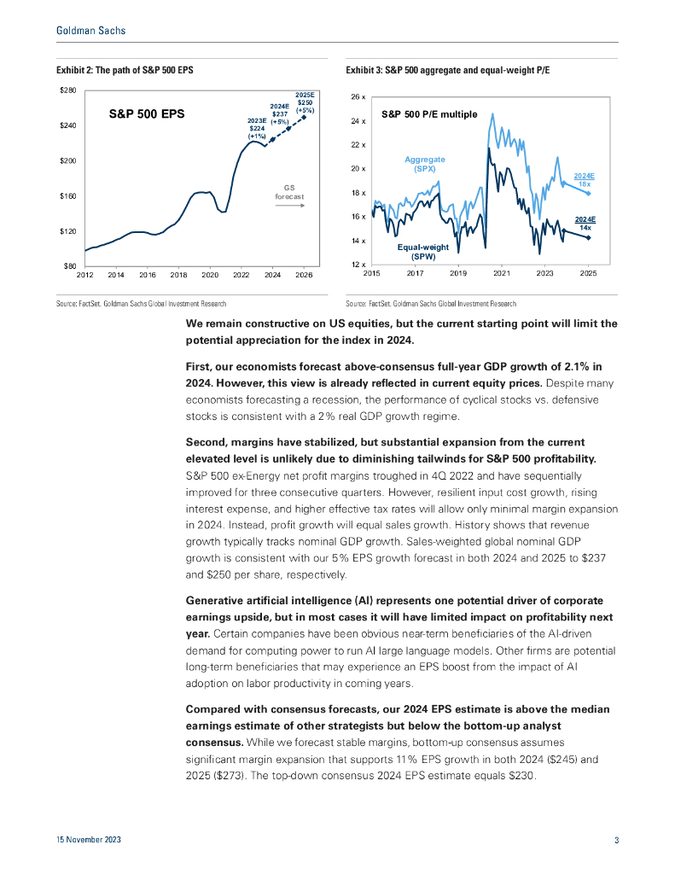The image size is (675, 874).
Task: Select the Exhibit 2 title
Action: click(125, 68)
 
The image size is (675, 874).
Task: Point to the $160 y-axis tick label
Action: click(68, 196)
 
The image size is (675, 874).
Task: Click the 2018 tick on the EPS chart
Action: click(178, 275)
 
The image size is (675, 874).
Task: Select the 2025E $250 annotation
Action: click(305, 102)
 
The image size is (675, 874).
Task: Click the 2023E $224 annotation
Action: click(257, 128)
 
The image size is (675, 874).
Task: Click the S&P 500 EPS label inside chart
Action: click(147, 113)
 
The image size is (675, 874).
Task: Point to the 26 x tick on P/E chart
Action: click(358, 97)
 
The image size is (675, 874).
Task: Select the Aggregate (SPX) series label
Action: click(424, 164)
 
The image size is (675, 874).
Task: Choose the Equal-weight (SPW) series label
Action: click(423, 251)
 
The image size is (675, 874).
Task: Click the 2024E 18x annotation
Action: click(584, 179)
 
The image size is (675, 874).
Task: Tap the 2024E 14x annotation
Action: click(585, 224)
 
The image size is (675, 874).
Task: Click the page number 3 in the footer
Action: click(616, 841)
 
